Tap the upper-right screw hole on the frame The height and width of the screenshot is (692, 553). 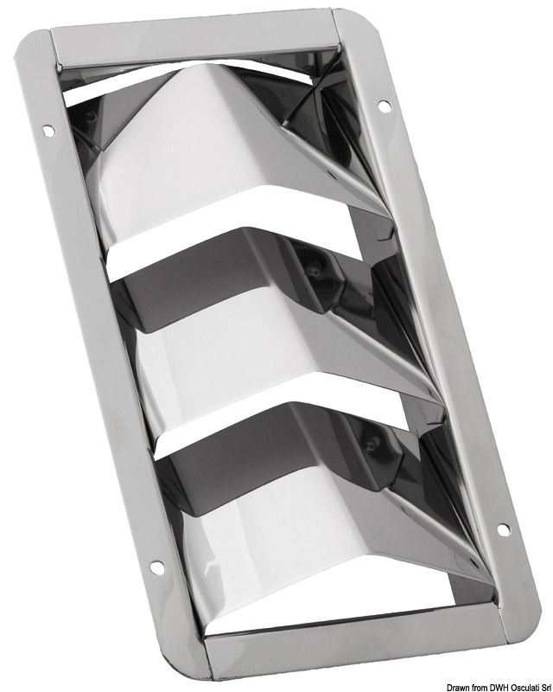384,106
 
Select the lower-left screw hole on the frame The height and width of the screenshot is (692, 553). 156,567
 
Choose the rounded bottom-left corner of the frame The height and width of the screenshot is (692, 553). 191,670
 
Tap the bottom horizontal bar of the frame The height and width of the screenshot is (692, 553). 354,644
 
